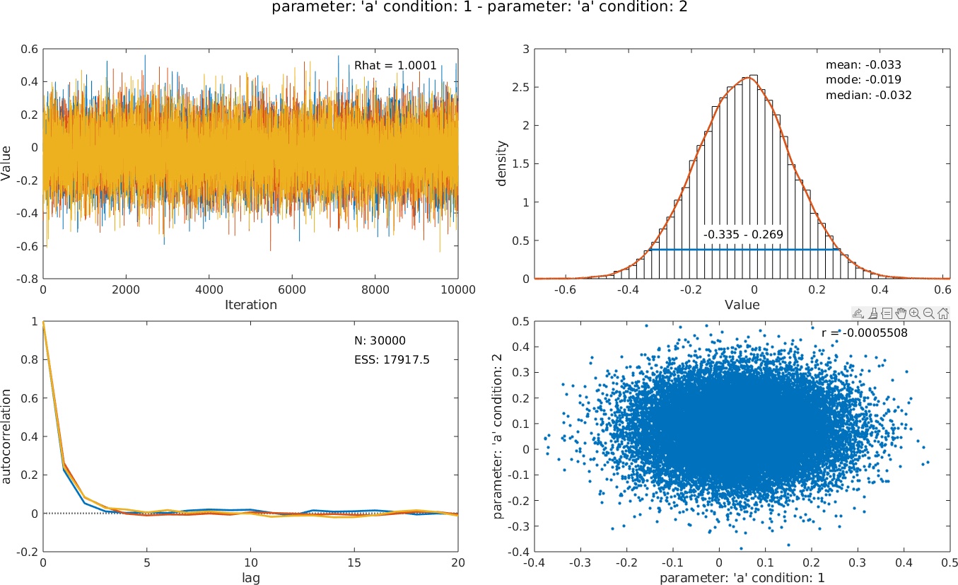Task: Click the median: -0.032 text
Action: click(x=868, y=95)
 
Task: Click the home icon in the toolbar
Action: click(x=943, y=313)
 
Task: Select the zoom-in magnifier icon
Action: click(x=914, y=313)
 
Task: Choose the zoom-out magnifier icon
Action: click(x=928, y=313)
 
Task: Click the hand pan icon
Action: click(x=900, y=313)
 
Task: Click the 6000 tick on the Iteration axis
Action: click(x=293, y=290)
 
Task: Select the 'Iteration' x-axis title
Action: click(x=250, y=306)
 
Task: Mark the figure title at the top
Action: click(x=479, y=8)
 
